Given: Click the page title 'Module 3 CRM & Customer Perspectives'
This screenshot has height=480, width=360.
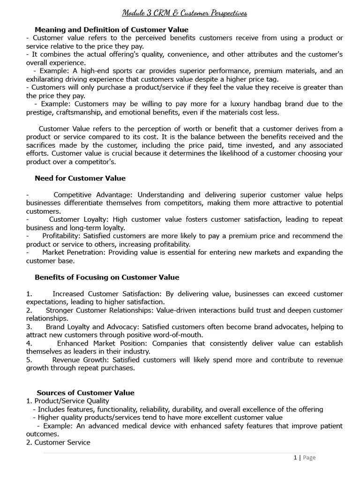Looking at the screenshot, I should [x=185, y=13].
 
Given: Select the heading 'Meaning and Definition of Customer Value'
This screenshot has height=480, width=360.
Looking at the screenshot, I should [x=112, y=30].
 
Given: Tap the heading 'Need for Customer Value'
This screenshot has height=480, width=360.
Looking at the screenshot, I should [x=80, y=178].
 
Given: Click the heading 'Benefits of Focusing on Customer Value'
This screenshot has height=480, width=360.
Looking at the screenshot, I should [x=107, y=277].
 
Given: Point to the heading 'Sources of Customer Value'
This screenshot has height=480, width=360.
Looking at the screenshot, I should [x=85, y=393].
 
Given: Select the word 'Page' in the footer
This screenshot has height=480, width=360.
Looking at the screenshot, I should [x=309, y=457].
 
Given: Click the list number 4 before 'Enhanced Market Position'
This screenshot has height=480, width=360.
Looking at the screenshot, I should [x=29, y=343].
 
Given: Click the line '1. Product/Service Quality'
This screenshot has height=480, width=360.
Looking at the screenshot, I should [x=68, y=401].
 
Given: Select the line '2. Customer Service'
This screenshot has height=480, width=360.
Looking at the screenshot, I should [x=58, y=442].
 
